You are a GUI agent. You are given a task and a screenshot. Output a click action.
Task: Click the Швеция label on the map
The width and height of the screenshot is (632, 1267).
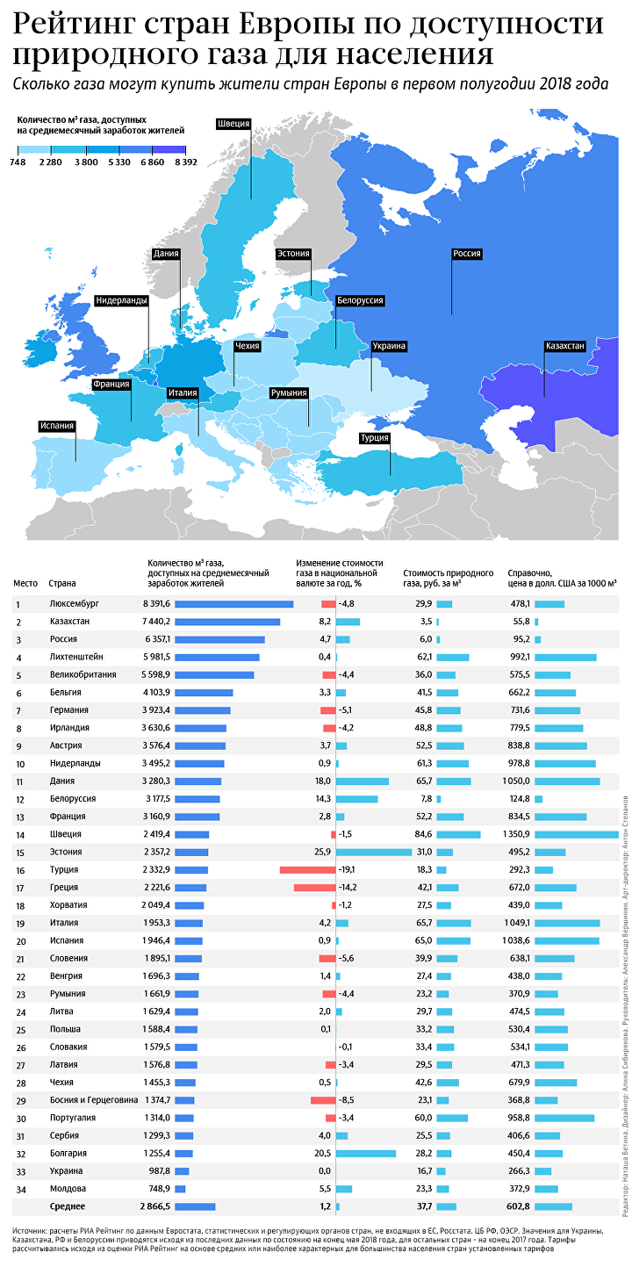[233, 124]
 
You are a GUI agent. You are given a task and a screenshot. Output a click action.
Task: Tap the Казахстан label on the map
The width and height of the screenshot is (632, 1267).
[564, 346]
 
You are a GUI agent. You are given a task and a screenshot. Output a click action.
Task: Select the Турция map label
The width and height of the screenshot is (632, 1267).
[374, 437]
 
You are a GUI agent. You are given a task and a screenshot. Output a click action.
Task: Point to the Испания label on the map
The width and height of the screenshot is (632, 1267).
[57, 425]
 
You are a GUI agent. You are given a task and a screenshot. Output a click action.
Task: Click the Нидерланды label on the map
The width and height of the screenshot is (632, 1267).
[121, 300]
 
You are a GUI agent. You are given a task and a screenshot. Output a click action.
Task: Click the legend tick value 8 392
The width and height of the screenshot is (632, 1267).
[185, 162]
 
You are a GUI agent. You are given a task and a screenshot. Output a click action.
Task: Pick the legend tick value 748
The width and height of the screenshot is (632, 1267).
[18, 162]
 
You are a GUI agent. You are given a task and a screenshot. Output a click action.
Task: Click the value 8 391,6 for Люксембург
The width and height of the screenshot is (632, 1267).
[156, 603]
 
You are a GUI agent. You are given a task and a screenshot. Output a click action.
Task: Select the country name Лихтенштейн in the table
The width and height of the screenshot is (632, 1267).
[77, 657]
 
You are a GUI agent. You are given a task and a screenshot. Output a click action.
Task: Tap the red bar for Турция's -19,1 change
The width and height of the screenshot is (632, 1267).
[307, 869]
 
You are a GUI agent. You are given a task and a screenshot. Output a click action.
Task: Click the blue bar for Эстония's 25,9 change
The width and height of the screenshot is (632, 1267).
[374, 852]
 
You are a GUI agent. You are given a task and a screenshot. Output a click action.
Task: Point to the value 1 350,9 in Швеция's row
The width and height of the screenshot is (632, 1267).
[517, 834]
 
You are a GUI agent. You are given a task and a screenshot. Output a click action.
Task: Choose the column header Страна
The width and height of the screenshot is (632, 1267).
[62, 583]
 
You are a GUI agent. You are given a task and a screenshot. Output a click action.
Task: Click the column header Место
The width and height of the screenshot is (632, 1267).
[25, 583]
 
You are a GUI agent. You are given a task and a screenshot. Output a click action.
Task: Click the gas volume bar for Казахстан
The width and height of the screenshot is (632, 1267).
[227, 622]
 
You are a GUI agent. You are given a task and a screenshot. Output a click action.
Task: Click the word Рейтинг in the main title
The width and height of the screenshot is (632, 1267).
[74, 25]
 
